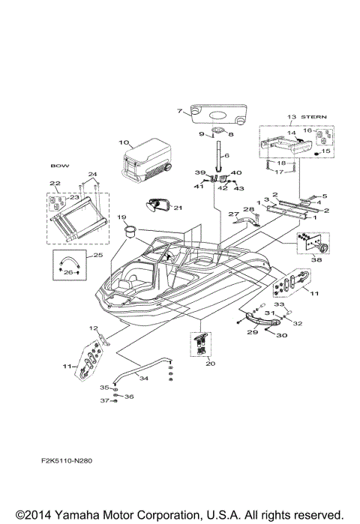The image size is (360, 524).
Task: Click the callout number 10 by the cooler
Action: (124, 141)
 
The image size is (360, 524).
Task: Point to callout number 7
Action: (179, 111)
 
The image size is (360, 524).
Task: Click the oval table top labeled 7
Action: (218, 111)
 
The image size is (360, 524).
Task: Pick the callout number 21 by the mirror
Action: (178, 208)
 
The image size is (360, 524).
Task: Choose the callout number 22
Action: (55, 184)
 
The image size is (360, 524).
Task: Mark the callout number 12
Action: (94, 328)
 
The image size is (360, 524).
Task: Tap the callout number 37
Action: (106, 401)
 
